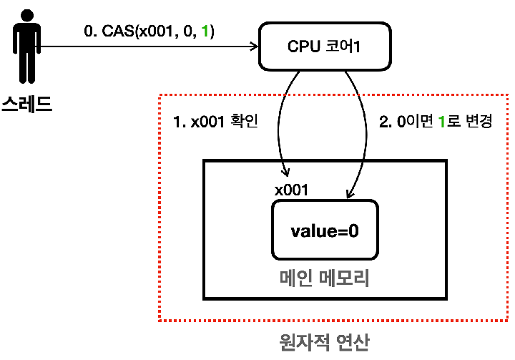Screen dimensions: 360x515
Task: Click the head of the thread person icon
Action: pos(26,14)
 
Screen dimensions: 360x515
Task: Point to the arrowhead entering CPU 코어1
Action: pos(254,47)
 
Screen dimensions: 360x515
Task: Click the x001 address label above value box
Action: pos(290,190)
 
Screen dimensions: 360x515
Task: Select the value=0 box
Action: pos(324,230)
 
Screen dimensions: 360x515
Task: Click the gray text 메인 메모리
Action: pos(324,278)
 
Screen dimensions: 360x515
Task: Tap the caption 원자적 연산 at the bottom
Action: pos(324,341)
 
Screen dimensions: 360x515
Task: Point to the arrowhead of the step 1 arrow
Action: pos(287,173)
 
